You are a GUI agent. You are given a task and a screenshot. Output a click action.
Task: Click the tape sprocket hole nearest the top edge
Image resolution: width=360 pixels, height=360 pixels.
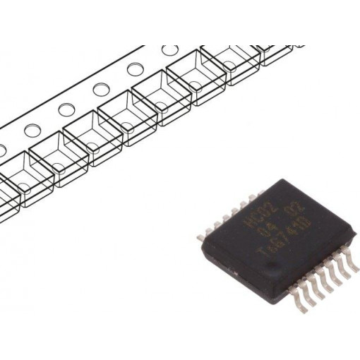pyautogui.click(x=169, y=50)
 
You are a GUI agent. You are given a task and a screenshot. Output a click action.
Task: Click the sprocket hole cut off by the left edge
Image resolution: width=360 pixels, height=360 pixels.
pyautogui.click(x=2, y=149)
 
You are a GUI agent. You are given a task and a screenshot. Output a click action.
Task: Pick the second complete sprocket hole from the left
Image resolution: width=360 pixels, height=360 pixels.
pyautogui.click(x=66, y=109)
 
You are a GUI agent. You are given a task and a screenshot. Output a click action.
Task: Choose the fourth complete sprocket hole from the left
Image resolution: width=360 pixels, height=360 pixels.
pyautogui.click(x=135, y=70)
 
